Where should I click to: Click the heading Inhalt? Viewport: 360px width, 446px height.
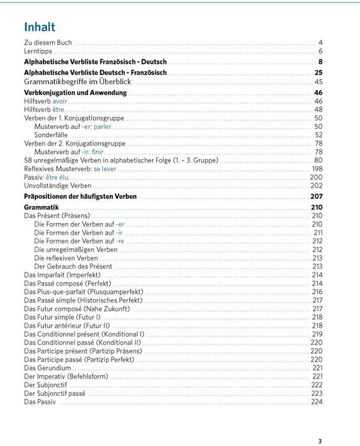40,27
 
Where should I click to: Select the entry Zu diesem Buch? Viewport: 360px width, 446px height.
48,43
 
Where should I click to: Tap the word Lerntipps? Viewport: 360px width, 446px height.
38,51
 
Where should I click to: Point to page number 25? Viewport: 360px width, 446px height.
318,72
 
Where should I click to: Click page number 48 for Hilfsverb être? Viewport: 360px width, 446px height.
318,110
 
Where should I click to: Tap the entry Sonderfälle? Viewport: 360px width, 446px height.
51,135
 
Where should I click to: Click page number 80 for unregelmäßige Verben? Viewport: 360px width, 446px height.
318,160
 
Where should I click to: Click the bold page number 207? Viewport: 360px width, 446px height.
317,196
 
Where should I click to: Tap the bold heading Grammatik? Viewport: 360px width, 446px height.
41,208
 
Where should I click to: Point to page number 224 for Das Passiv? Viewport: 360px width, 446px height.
317,401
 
